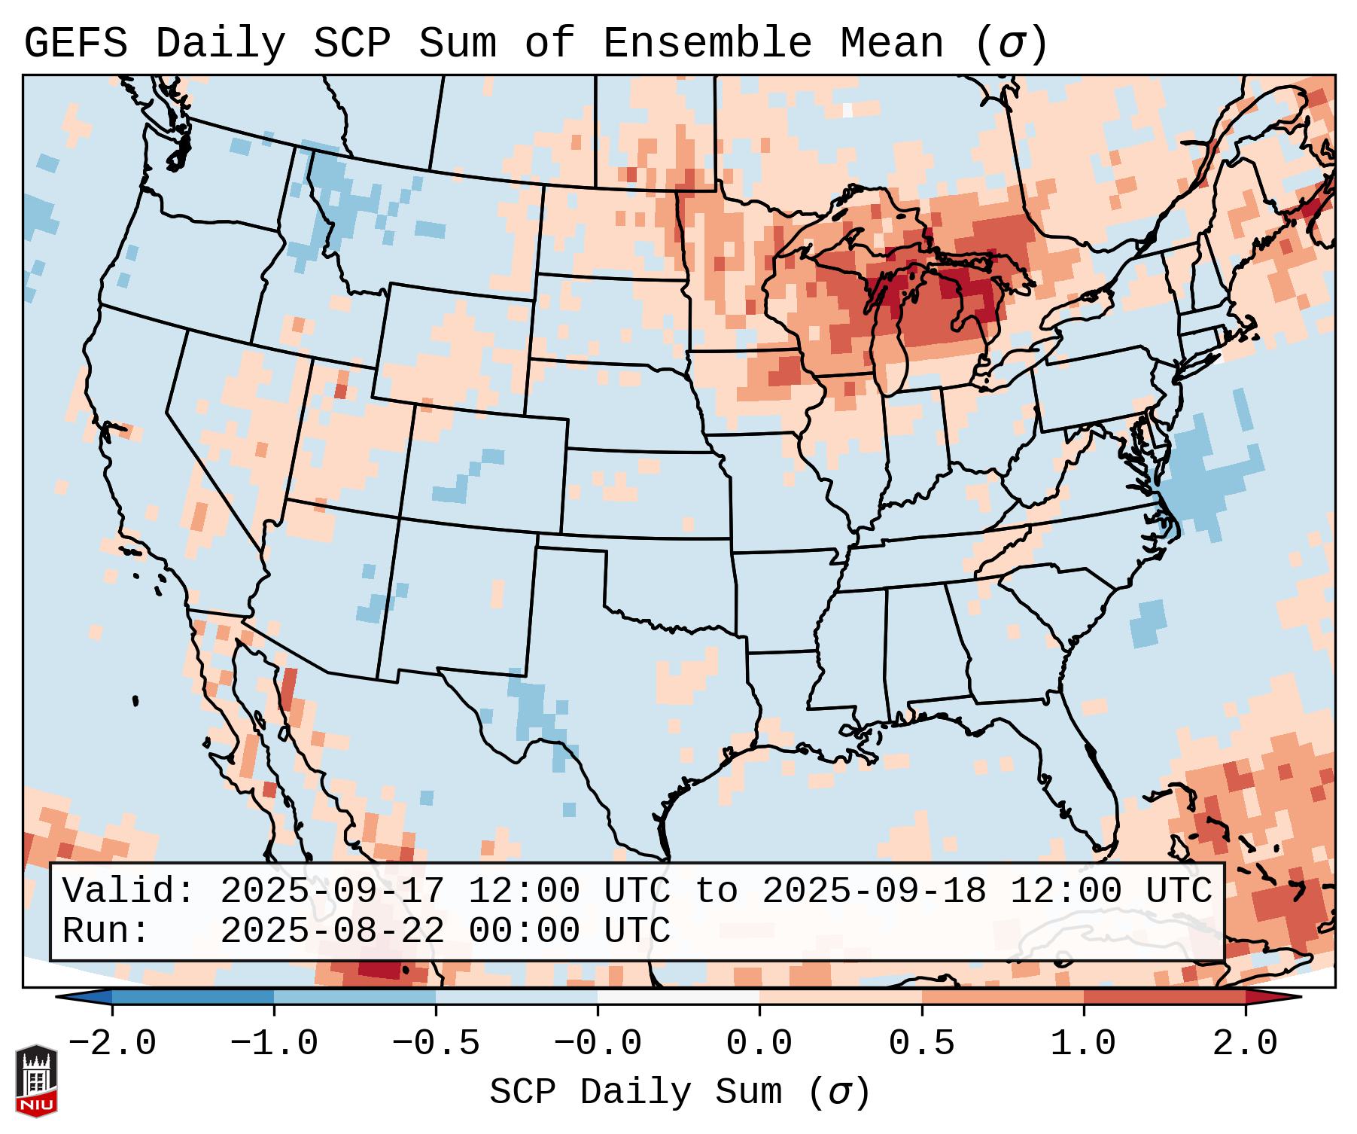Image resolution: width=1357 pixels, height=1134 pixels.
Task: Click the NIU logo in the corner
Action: point(36,1080)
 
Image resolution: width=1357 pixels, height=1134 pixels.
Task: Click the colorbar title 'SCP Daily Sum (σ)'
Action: point(680,1093)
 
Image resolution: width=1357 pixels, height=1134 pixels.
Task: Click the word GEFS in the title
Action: point(75,44)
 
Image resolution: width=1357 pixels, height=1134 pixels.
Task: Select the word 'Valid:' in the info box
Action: point(129,892)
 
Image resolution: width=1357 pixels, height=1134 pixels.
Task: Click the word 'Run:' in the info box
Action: point(106,931)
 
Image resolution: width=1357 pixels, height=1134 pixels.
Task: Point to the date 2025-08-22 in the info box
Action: point(332,931)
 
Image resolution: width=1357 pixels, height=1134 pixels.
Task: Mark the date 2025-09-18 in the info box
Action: point(874,892)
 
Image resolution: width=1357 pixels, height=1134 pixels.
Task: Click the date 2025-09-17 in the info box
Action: point(332,892)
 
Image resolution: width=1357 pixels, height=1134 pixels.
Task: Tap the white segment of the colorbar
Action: point(678,997)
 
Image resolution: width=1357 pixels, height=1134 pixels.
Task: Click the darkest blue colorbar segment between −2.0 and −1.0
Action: point(193,997)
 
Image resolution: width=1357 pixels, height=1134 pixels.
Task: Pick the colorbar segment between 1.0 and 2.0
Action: point(1164,997)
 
